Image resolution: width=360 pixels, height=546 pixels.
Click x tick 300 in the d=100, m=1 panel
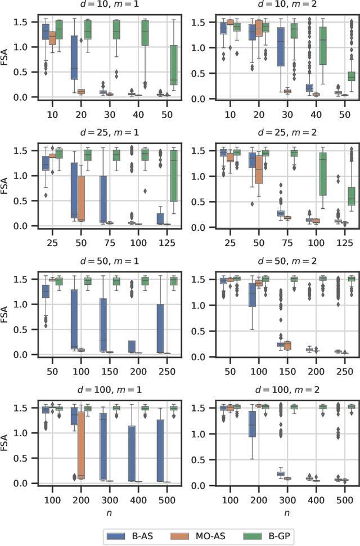tap(108, 497)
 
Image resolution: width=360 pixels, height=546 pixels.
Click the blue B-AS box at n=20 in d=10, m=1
tap(74, 57)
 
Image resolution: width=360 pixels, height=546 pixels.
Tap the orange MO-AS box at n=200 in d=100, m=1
tap(81, 445)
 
